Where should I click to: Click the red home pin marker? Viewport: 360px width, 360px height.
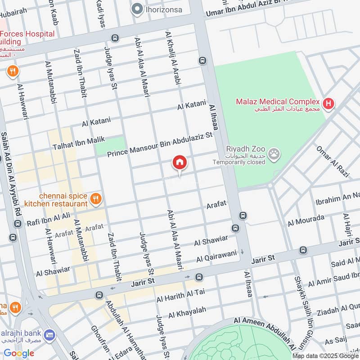180,162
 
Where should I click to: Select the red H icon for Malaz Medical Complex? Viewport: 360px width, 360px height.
329,104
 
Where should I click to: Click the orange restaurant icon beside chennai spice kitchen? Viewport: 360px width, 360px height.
95,198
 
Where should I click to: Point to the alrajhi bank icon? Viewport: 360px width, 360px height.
49,335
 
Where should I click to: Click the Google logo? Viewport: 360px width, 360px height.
19,353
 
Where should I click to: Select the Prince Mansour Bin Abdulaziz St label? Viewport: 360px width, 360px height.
159,145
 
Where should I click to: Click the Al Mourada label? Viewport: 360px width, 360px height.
306,220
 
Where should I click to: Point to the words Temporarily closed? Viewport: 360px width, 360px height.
239,162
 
